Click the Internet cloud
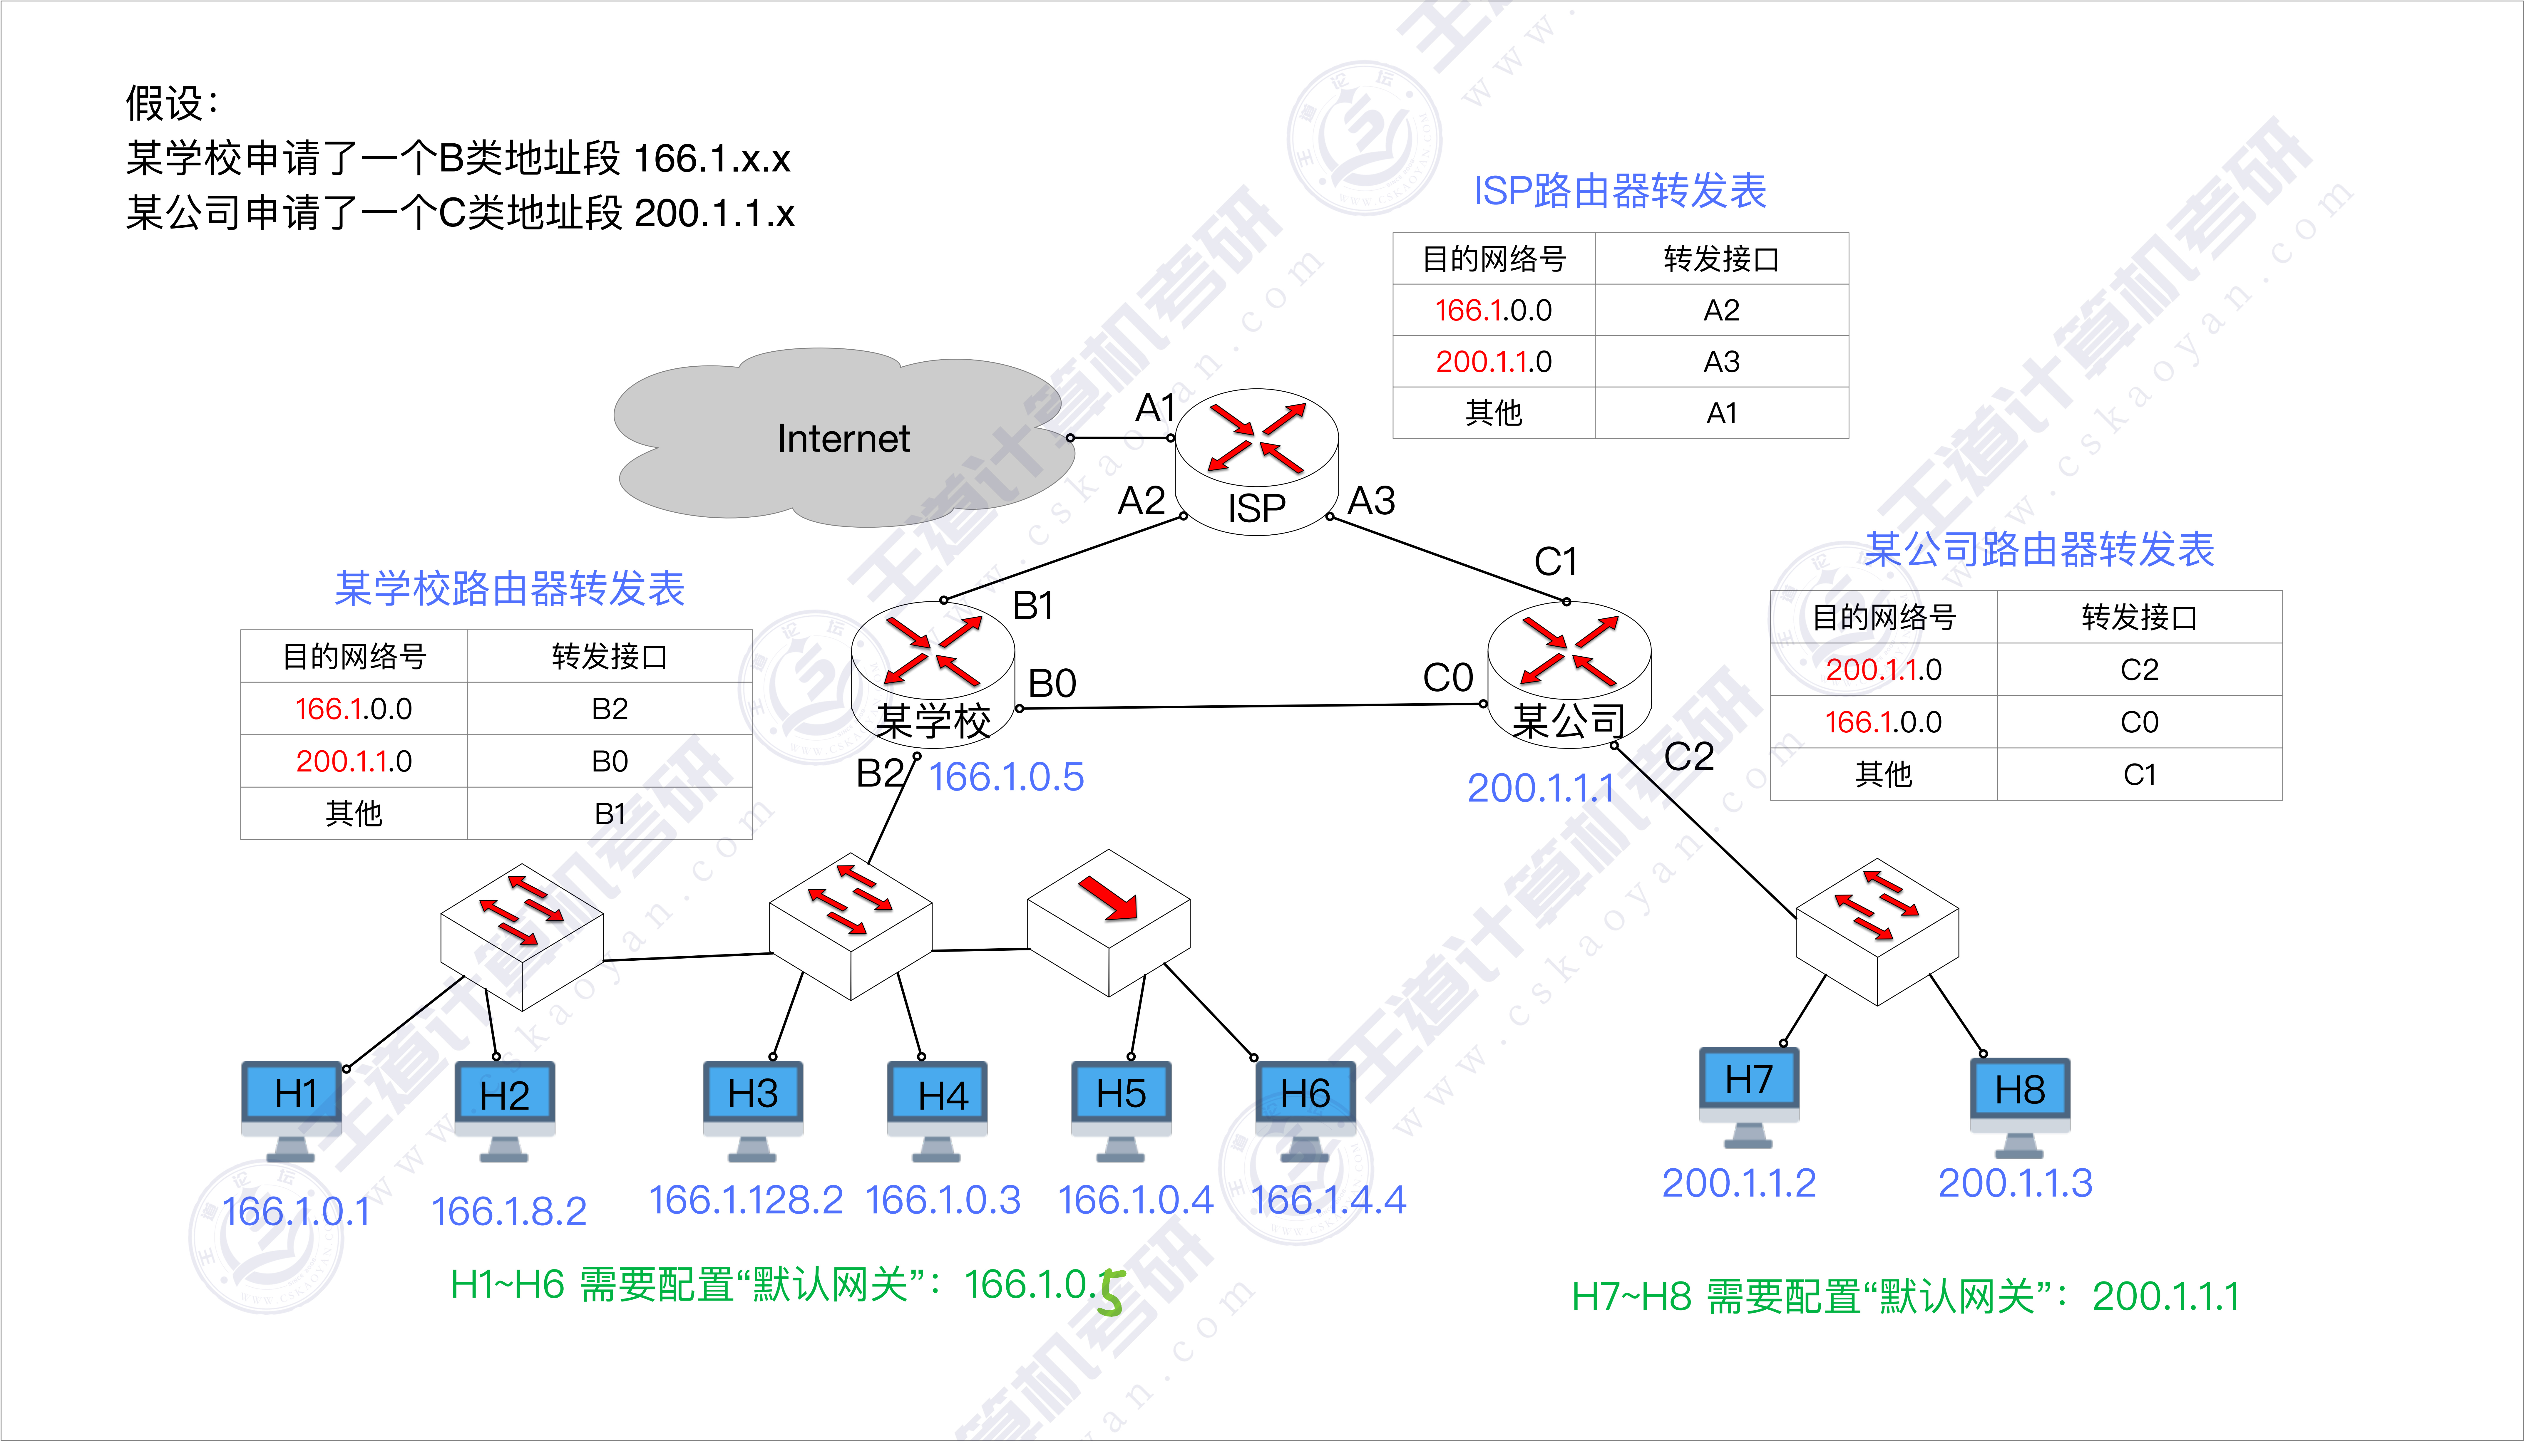tap(841, 437)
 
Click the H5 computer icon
tap(1120, 1108)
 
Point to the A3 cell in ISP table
tap(1721, 361)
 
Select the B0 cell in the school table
tap(610, 761)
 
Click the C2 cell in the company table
tap(2139, 670)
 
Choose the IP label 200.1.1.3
tap(2015, 1183)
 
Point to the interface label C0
tap(1447, 678)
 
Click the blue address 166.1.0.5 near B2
tap(1006, 777)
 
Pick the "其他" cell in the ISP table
tap(1494, 413)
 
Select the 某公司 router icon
tap(1569, 673)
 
